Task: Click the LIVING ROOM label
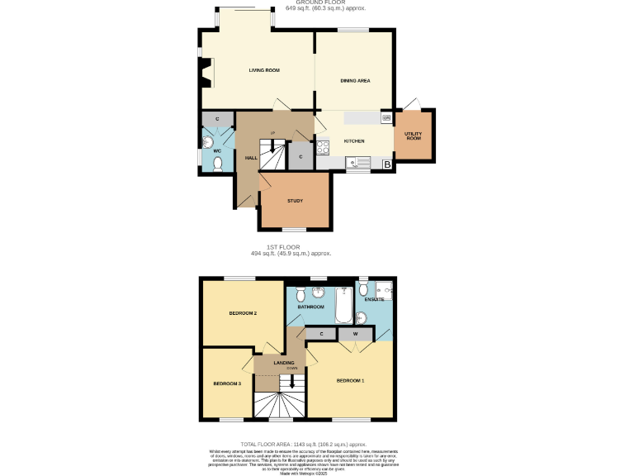264,70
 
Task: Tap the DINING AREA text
355,81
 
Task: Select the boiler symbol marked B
386,165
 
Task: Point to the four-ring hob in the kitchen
322,148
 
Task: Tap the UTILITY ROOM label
413,136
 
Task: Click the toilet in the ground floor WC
217,164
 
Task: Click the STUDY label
295,201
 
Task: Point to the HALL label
251,157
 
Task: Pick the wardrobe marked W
355,334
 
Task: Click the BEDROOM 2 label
243,313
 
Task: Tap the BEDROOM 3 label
227,383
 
